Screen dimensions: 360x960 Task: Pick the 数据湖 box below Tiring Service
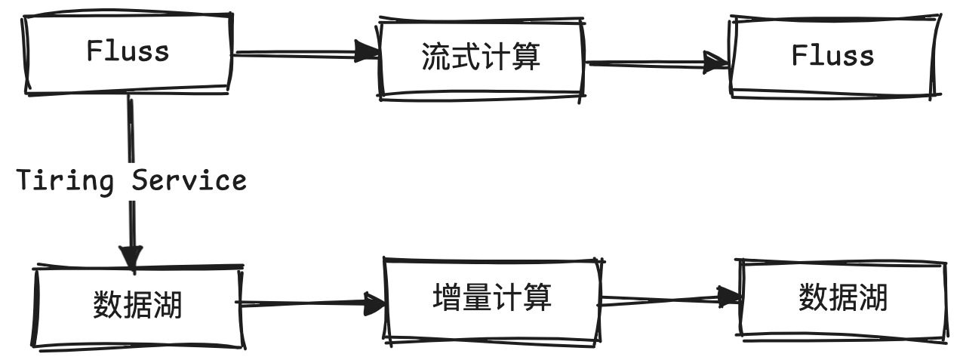(137, 306)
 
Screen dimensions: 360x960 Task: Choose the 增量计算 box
(492, 299)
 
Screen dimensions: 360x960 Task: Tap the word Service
(189, 180)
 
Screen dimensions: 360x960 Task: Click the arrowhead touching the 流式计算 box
(368, 53)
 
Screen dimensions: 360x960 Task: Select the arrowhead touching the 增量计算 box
(375, 303)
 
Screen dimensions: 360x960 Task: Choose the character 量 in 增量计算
(478, 297)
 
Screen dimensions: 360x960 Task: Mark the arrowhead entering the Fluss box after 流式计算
(718, 63)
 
